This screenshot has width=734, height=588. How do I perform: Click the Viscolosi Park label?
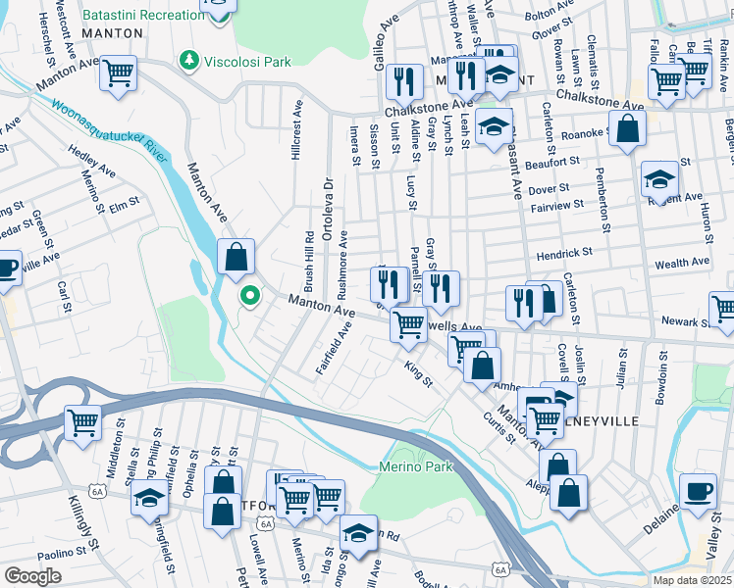[247, 61]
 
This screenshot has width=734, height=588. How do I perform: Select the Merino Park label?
[416, 466]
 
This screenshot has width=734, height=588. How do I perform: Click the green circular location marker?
[250, 294]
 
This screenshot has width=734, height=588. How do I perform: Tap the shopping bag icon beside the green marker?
[236, 258]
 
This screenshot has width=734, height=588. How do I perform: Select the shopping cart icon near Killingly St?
[83, 423]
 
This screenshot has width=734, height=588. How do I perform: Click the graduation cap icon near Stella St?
[149, 501]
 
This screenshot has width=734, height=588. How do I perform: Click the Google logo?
[32, 576]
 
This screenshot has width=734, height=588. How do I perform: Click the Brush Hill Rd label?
[309, 259]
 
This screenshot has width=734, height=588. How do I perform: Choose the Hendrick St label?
[563, 253]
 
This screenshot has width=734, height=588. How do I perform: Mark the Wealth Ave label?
[681, 263]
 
